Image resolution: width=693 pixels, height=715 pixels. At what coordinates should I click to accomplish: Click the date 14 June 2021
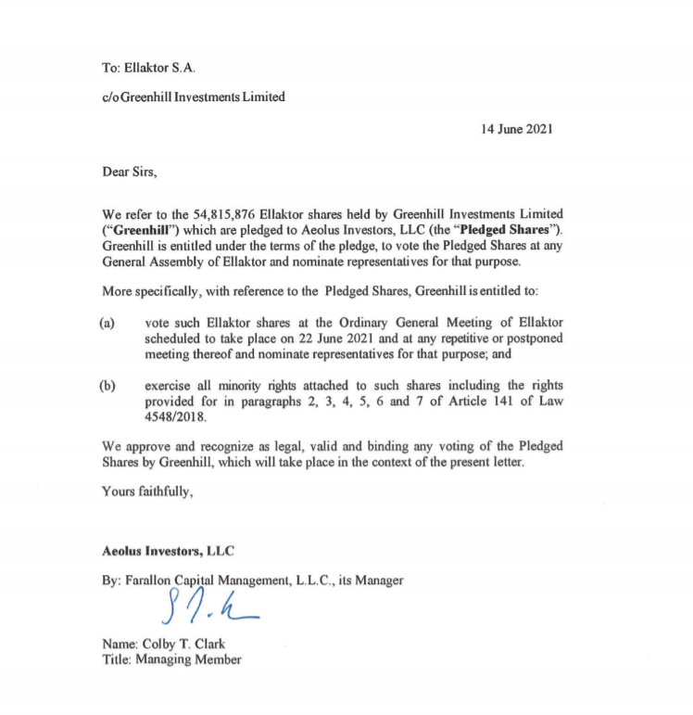click(x=517, y=129)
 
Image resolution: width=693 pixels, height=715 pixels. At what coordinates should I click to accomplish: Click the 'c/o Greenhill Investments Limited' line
click(x=194, y=97)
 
